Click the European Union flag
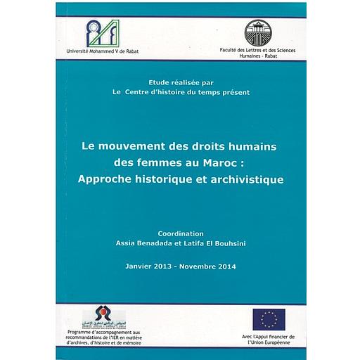[x=269, y=319]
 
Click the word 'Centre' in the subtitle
[x=153, y=92]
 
